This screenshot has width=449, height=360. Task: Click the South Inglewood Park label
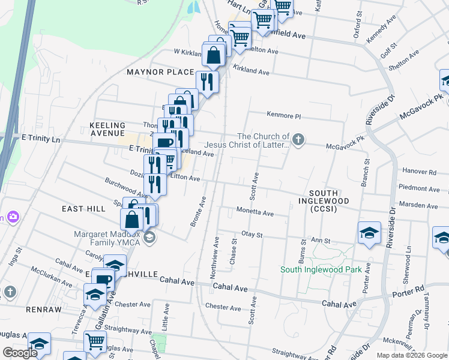(x=321, y=269)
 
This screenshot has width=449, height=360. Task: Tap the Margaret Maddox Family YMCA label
(x=107, y=238)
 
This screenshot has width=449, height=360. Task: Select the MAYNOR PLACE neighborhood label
(x=160, y=72)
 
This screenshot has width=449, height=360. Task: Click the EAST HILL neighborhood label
(x=83, y=208)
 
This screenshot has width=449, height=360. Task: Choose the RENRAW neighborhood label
(x=44, y=309)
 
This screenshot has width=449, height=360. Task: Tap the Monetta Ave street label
(x=255, y=213)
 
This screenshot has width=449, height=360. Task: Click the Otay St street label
(x=252, y=234)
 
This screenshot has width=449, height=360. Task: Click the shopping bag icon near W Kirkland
(x=214, y=56)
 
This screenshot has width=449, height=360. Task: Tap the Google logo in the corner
(x=20, y=353)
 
